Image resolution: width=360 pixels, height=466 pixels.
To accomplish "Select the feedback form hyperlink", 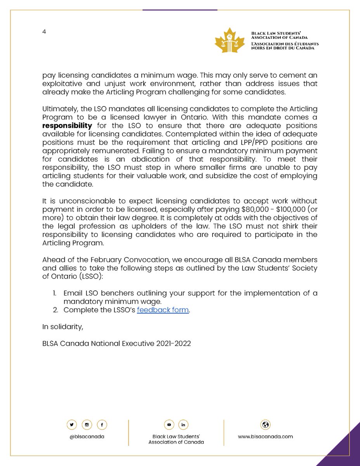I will coord(163,310).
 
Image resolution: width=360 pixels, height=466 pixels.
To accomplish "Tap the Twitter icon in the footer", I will coord(71,424).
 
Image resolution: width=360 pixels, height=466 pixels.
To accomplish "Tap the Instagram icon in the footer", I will coord(87,424).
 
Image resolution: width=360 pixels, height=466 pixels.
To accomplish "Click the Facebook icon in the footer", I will coord(101,424).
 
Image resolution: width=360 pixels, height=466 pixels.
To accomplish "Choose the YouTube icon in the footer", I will coord(169,424).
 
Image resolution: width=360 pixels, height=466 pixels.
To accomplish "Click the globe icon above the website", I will coord(266,424).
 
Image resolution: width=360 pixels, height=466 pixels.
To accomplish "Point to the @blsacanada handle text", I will coord(86,436).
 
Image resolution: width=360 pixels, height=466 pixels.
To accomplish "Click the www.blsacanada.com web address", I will coord(266,436).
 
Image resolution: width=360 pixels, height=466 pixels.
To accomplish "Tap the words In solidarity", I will coord(62,327).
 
